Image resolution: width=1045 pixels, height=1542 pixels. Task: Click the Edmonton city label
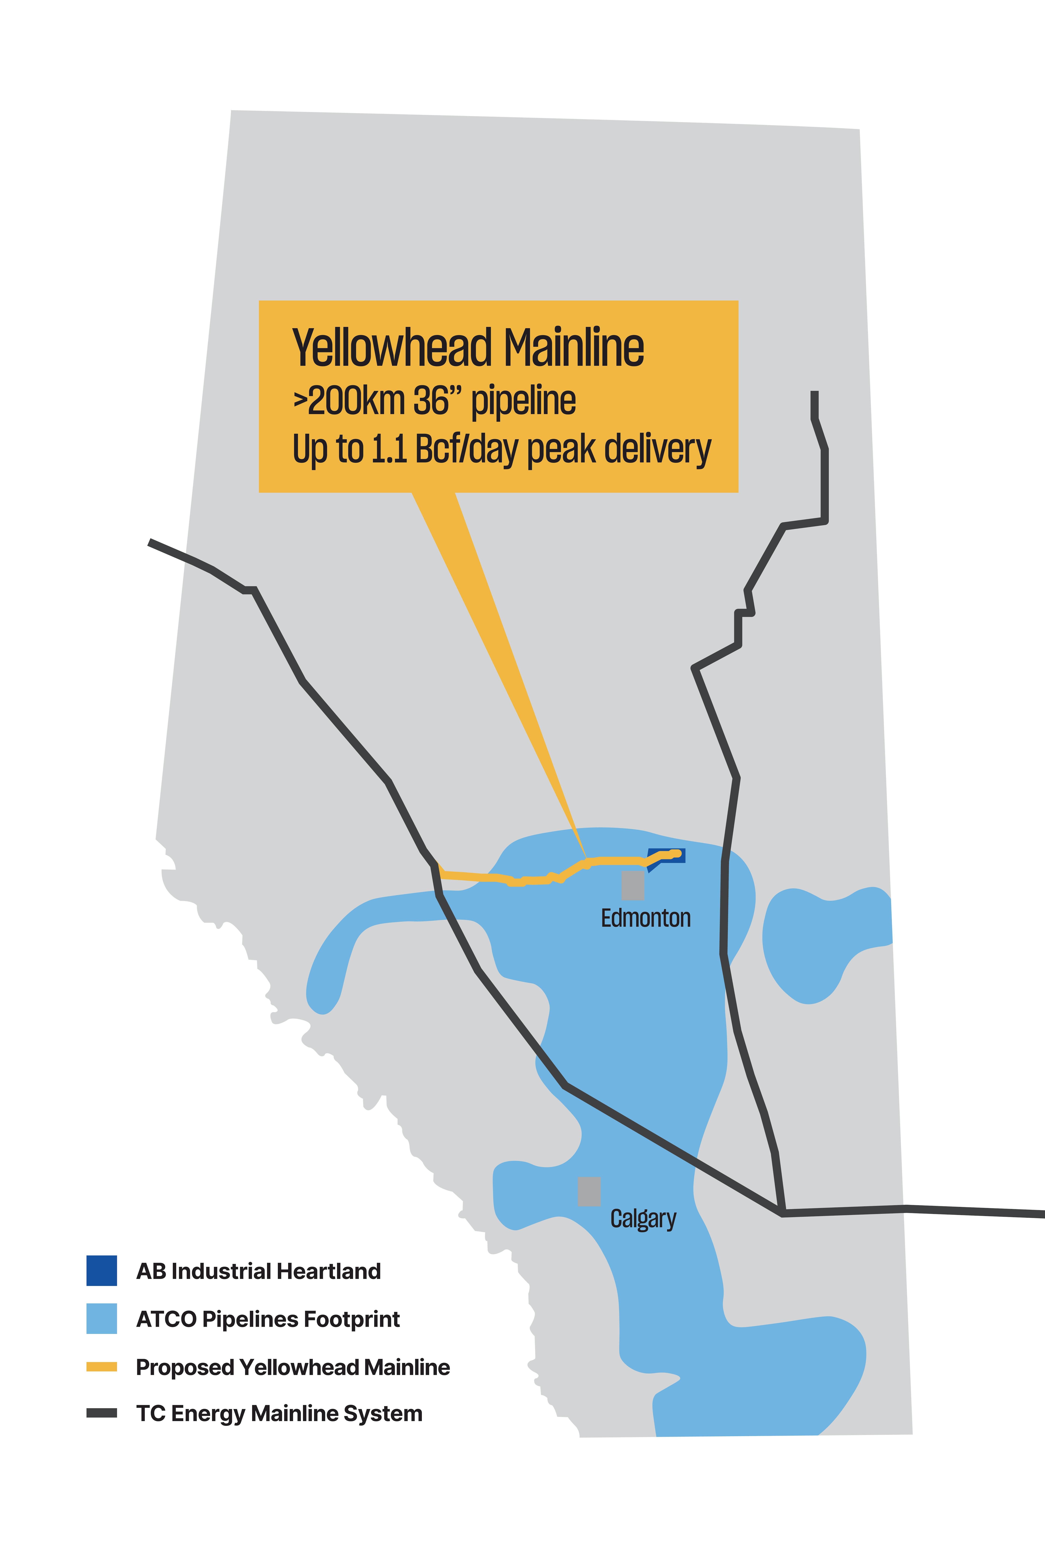tap(645, 918)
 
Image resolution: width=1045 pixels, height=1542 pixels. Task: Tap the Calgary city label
tap(643, 1219)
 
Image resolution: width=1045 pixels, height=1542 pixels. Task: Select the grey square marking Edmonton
tap(633, 885)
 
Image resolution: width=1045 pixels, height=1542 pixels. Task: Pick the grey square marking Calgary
tap(589, 1191)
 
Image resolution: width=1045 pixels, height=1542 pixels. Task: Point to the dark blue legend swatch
tap(102, 1271)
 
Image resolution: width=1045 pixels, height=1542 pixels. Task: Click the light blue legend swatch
tap(102, 1318)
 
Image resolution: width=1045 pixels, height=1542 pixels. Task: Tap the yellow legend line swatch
tap(102, 1367)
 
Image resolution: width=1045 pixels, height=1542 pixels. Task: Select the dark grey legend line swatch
tap(102, 1413)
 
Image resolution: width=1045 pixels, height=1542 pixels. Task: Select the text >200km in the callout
tap(349, 401)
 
